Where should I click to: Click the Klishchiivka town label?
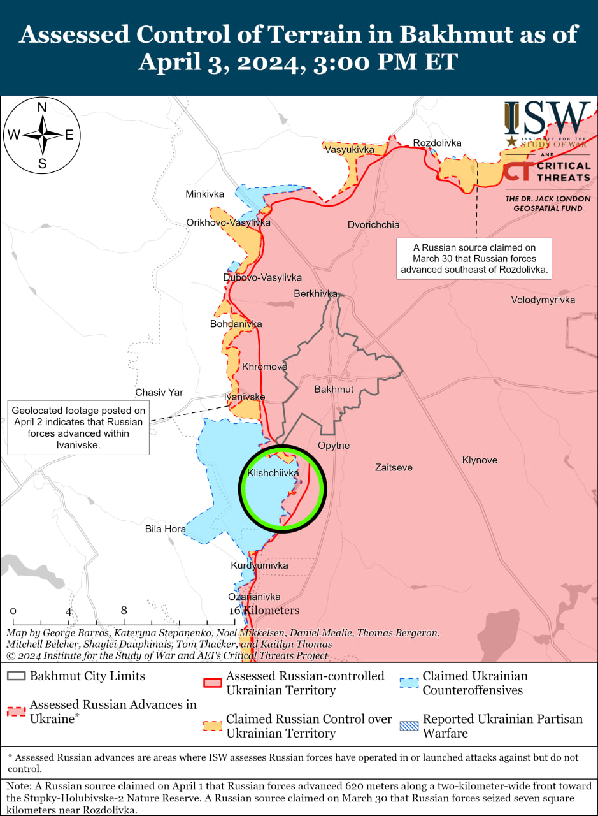click(273, 474)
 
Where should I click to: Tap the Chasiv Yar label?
click(159, 393)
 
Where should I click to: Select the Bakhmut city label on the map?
click(334, 389)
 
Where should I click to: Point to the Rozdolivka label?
click(437, 143)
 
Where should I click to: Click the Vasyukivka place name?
click(349, 150)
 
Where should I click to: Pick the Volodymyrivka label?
click(543, 300)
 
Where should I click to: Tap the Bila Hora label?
click(165, 529)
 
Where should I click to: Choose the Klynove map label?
click(480, 460)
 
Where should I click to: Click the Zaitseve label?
click(394, 467)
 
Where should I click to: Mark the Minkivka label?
click(205, 194)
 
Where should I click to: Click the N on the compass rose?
click(42, 108)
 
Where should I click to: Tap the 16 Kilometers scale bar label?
click(264, 611)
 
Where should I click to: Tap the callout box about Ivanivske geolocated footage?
click(78, 427)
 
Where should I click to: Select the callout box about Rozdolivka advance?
click(474, 258)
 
